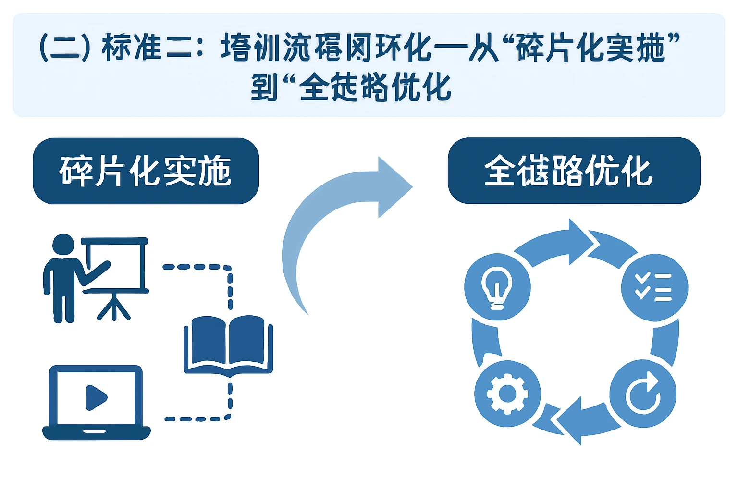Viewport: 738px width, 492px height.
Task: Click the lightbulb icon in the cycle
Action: click(497, 287)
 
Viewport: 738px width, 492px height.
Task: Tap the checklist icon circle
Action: click(654, 287)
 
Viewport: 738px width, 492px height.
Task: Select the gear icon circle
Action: click(507, 394)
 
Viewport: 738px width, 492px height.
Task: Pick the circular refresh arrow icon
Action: click(643, 394)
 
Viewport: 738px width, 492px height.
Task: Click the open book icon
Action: click(229, 344)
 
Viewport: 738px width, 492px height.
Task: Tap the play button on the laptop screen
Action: click(96, 397)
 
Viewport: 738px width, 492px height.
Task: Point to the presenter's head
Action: click(63, 245)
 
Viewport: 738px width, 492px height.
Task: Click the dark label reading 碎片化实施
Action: click(146, 171)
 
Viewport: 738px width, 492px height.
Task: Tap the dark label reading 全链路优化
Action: click(574, 171)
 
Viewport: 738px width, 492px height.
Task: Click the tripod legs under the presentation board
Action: click(113, 307)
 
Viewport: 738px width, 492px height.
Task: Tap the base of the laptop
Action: click(96, 432)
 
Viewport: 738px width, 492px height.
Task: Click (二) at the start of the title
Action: click(64, 48)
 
